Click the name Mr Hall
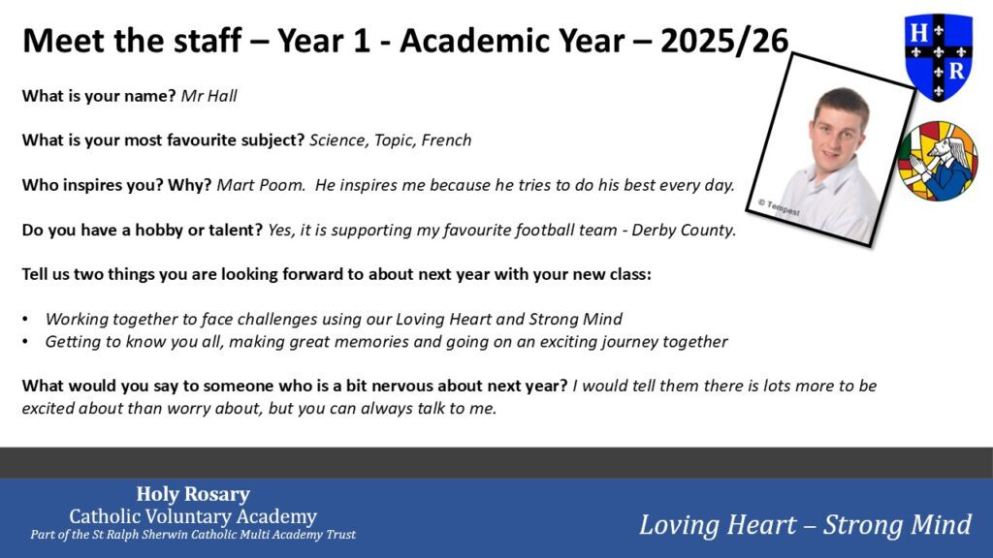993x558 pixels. pyautogui.click(x=209, y=96)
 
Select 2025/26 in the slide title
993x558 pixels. pyautogui.click(x=724, y=41)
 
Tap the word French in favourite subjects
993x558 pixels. pyautogui.click(x=446, y=140)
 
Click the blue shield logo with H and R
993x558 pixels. pyautogui.click(x=939, y=57)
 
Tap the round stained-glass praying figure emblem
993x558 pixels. pyautogui.click(x=938, y=162)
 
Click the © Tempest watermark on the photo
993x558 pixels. pyautogui.click(x=779, y=207)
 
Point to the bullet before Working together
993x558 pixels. pyautogui.click(x=25, y=320)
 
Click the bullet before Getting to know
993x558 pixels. pyautogui.click(x=25, y=342)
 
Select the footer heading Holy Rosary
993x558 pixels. pyautogui.click(x=193, y=493)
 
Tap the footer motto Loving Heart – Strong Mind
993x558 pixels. pyautogui.click(x=805, y=525)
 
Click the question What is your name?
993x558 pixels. pyautogui.click(x=99, y=96)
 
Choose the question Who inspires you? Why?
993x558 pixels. pyautogui.click(x=116, y=185)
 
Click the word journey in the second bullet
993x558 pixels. pyautogui.click(x=628, y=342)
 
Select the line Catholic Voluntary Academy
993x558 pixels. pyautogui.click(x=193, y=516)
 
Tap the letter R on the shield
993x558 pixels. pyautogui.click(x=956, y=70)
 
